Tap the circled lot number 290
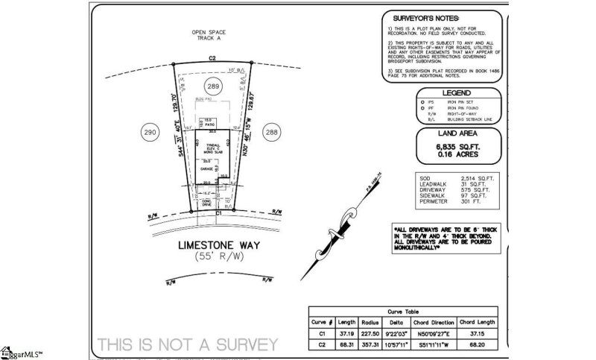pos(152,132)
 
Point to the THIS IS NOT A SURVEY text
pos(187,344)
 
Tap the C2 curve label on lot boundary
pos(212,57)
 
